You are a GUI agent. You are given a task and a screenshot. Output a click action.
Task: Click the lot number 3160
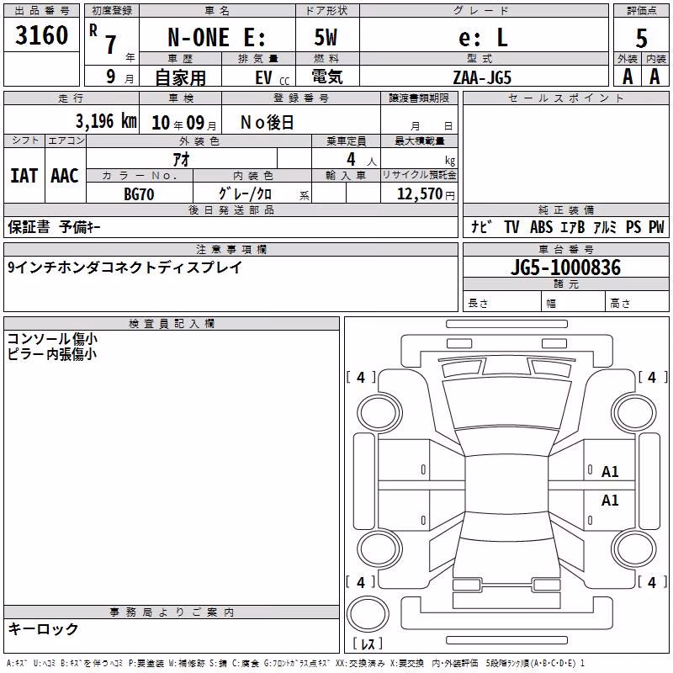point(41,35)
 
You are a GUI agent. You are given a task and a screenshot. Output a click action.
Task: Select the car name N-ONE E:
point(217,37)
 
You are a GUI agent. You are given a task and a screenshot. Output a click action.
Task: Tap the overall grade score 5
point(641,38)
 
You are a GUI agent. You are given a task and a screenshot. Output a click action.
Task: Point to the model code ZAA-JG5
point(482,77)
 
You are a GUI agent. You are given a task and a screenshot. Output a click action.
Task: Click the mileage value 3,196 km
point(106,121)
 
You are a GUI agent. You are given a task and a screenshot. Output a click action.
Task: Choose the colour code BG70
point(139,194)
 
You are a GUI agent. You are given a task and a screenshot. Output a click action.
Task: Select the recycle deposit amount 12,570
point(419,194)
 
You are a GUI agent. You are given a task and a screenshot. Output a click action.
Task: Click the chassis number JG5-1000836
point(565,268)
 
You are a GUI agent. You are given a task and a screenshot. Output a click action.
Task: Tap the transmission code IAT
point(24,176)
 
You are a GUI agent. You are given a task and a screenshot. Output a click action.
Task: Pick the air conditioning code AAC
point(65,176)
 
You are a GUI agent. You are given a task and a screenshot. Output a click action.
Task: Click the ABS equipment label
point(541,227)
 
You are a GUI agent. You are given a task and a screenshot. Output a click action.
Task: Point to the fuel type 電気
point(327,77)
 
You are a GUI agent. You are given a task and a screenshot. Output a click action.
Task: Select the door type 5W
point(326,37)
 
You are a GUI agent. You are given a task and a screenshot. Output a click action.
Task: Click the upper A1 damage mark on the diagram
point(610,472)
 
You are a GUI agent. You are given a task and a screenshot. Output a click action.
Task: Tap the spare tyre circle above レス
point(368,614)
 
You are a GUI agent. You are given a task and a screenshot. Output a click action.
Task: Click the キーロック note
point(44,629)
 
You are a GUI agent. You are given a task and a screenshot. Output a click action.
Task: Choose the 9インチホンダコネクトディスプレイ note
point(125,268)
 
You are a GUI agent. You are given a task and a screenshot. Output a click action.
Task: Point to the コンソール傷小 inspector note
point(52,339)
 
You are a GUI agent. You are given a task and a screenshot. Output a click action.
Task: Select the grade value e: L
point(483,38)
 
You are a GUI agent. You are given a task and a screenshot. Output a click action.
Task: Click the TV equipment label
point(511,227)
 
